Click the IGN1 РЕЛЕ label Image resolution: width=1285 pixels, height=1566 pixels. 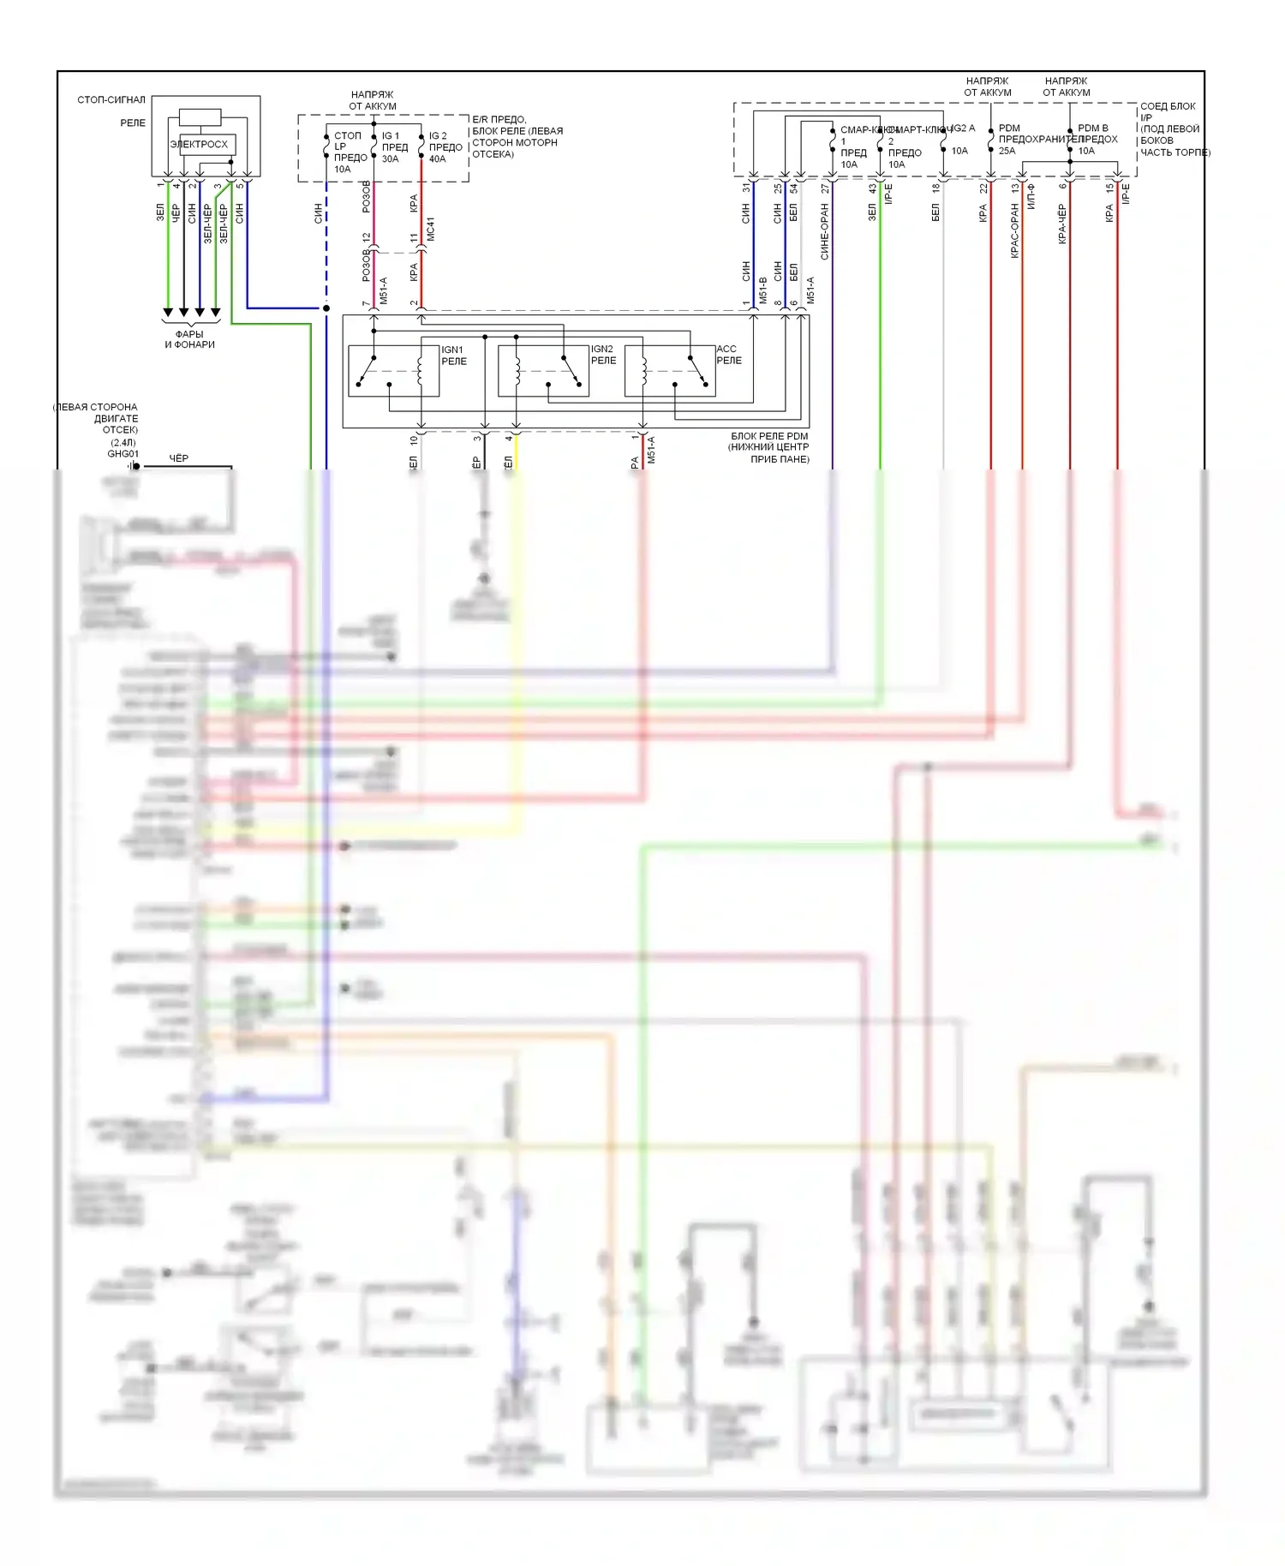pyautogui.click(x=453, y=356)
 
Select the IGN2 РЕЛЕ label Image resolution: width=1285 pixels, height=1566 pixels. pyautogui.click(x=603, y=355)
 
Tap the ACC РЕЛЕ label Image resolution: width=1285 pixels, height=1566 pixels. pyautogui.click(x=728, y=355)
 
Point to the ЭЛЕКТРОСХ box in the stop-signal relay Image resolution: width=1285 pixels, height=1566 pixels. pyautogui.click(x=200, y=144)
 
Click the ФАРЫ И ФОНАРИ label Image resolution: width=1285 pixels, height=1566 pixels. pyautogui.click(x=189, y=339)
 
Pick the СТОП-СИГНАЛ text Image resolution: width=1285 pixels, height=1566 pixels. pyautogui.click(x=111, y=100)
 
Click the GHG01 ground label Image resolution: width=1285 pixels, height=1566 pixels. pyautogui.click(x=123, y=454)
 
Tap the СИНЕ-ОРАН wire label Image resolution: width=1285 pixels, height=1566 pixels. pyautogui.click(x=825, y=231)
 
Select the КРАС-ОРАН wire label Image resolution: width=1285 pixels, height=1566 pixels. pyautogui.click(x=1015, y=230)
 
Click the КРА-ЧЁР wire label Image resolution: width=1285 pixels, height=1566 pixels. pyautogui.click(x=1062, y=224)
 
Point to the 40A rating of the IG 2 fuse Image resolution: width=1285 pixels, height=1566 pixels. pyautogui.click(x=437, y=159)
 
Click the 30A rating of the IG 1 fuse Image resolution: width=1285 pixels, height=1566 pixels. pyautogui.click(x=390, y=159)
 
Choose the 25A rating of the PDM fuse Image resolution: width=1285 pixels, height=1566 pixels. pyautogui.click(x=1007, y=151)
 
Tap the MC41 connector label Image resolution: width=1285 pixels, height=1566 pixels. pyautogui.click(x=431, y=229)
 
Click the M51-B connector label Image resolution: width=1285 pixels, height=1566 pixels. pyautogui.click(x=762, y=290)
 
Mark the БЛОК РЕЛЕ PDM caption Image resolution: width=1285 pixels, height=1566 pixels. pyautogui.click(x=769, y=436)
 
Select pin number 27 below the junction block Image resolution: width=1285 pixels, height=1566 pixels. pyautogui.click(x=825, y=188)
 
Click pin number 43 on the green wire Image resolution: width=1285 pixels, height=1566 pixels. pyautogui.click(x=872, y=188)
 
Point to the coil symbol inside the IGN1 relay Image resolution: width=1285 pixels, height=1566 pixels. pyautogui.click(x=421, y=370)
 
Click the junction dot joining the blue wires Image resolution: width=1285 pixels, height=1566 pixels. pyautogui.click(x=326, y=308)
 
